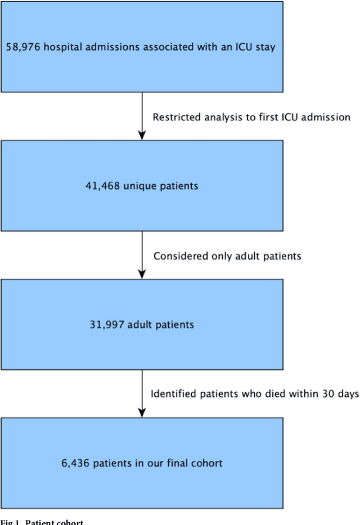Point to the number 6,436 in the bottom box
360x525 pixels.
pos(76,463)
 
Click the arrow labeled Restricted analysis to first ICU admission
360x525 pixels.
pos(142,116)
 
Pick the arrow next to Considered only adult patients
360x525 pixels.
pos(142,255)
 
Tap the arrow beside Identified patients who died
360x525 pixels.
pos(142,393)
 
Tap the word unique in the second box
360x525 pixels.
pos(139,185)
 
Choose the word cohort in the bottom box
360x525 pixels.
pos(206,463)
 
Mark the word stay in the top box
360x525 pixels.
pos(265,47)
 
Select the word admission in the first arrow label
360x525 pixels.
pos(326,117)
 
